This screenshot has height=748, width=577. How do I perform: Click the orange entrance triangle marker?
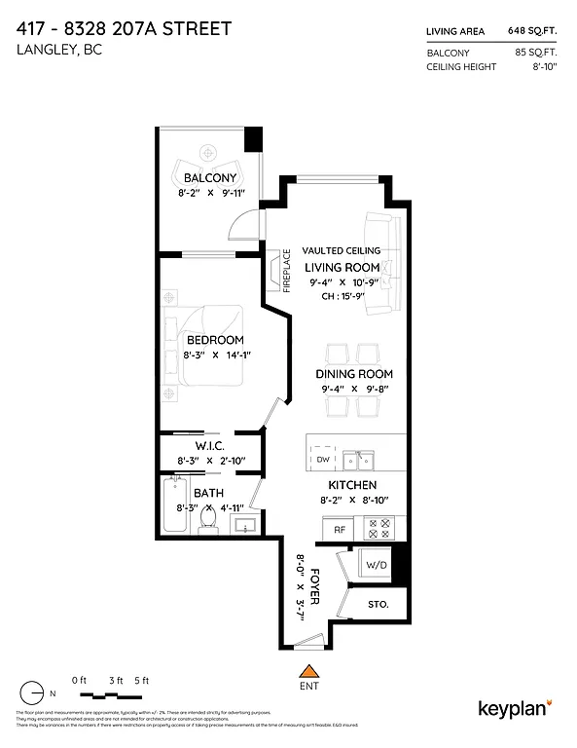[309, 669]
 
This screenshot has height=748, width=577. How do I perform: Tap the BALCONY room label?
[210, 178]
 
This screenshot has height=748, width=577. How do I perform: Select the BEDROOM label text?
[215, 340]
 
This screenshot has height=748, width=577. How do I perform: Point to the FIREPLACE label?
[287, 271]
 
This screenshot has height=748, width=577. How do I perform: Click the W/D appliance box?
[376, 565]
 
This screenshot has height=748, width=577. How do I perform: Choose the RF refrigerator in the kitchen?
[341, 530]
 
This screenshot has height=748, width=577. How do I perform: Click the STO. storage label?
[378, 605]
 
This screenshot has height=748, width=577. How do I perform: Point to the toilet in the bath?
[206, 522]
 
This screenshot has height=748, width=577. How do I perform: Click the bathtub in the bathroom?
[173, 505]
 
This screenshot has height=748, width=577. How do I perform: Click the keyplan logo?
[515, 707]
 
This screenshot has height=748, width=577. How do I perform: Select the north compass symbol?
[33, 692]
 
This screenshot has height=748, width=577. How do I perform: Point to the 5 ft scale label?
[143, 680]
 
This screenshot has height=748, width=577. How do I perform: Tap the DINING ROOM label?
[354, 374]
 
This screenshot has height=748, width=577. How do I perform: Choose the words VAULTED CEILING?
[341, 250]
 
